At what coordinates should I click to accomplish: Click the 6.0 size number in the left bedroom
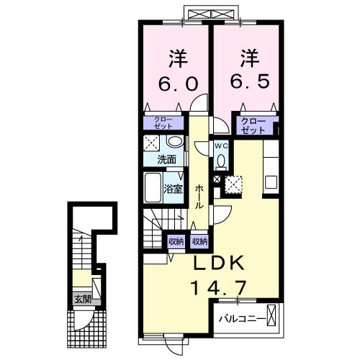[x=174, y=84]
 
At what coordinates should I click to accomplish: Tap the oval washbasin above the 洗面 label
[x=174, y=141]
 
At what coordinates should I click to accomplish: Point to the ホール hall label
[x=199, y=195]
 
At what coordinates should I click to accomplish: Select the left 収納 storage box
[x=176, y=242]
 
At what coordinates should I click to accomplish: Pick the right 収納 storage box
[x=199, y=242]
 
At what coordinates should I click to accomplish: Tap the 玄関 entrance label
[x=81, y=299]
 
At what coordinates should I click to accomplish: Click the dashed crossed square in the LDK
[x=234, y=184]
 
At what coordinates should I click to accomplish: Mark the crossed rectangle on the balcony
[x=272, y=316]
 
